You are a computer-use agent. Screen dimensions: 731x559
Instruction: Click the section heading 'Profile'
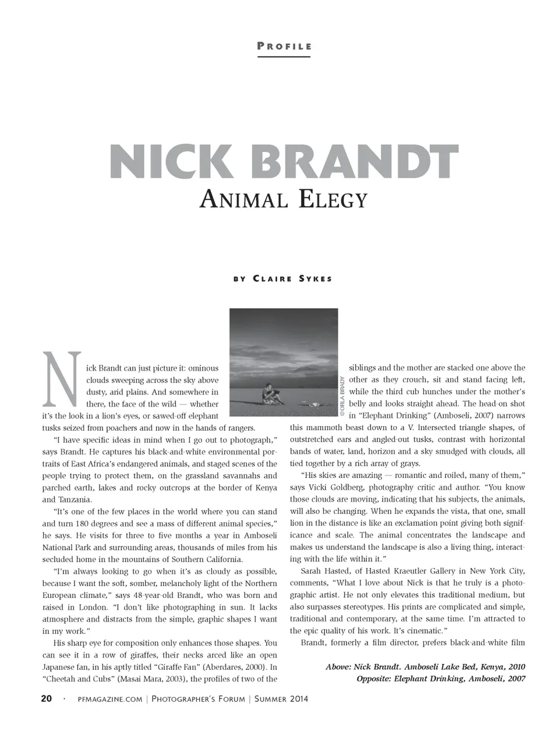(284, 47)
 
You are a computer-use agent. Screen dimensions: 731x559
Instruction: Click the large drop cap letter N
(59, 379)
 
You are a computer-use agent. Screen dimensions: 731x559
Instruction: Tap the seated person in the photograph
(270, 393)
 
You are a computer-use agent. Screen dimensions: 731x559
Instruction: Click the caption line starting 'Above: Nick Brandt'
(425, 666)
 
